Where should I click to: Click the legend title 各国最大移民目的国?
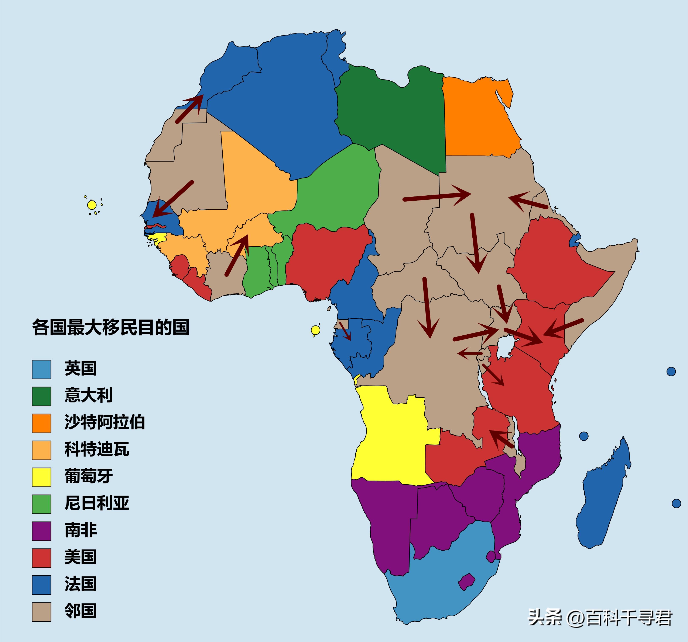(x=111, y=327)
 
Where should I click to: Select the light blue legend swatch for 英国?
(x=42, y=369)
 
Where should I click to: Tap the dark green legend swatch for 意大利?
(x=42, y=396)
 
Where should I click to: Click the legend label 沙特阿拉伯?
(x=105, y=422)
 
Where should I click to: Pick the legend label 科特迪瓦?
(x=97, y=449)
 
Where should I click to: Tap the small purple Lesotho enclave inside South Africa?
(x=466, y=582)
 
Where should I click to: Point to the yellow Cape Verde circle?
(x=92, y=205)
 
